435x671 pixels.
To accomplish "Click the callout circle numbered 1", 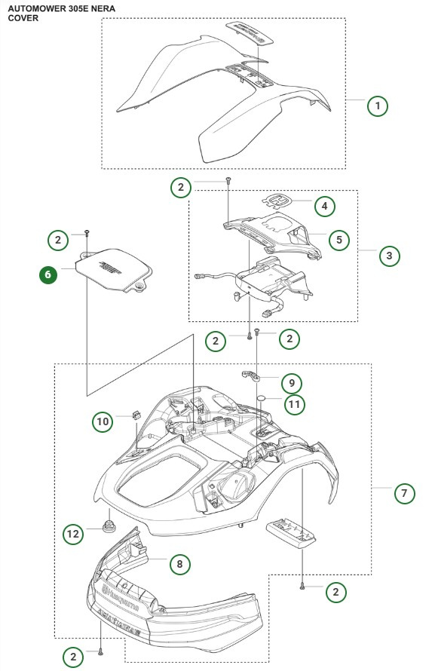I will click(377, 105).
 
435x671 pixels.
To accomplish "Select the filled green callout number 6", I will click(47, 274).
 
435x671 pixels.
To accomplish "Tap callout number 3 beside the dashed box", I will click(388, 256).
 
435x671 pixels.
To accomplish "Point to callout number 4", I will click(324, 205).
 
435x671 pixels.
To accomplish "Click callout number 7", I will click(404, 494).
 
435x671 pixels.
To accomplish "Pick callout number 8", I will click(179, 563).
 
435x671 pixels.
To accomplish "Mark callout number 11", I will click(295, 405).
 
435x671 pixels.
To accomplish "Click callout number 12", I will click(72, 534).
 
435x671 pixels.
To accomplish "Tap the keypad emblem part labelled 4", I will click(277, 201).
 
